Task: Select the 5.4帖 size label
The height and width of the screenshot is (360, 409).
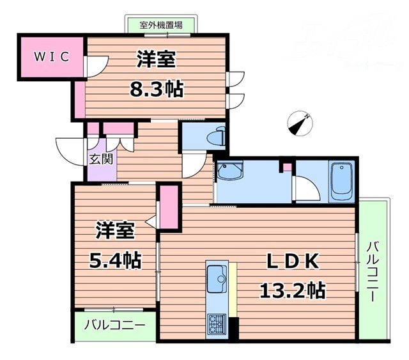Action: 115,260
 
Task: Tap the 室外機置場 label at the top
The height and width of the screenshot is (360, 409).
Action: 162,25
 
